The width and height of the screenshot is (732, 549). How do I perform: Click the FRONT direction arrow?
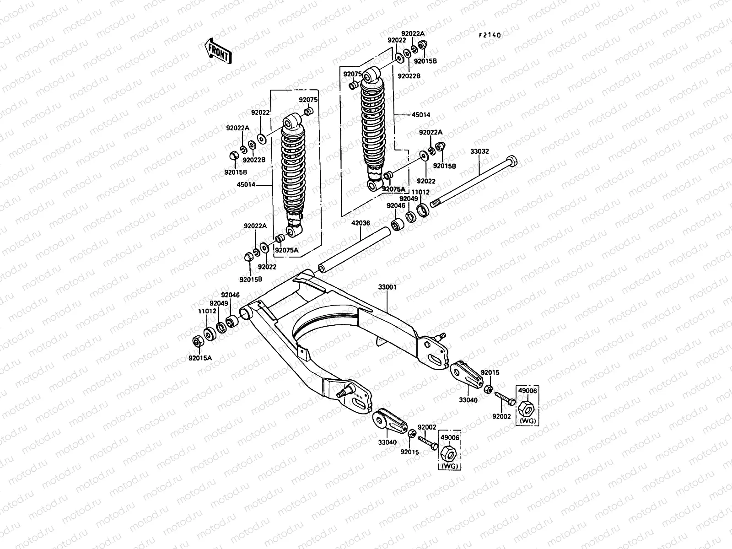pyautogui.click(x=218, y=51)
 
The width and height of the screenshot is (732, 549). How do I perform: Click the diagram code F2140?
pyautogui.click(x=490, y=35)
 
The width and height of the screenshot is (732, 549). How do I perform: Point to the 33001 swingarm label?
pyautogui.click(x=387, y=287)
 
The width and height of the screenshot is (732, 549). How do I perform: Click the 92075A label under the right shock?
pyautogui.click(x=394, y=189)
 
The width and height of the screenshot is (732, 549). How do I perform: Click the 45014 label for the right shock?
pyautogui.click(x=421, y=115)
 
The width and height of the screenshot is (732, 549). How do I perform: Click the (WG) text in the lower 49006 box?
pyautogui.click(x=449, y=466)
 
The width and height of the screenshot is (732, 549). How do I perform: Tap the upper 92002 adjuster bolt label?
pyautogui.click(x=501, y=416)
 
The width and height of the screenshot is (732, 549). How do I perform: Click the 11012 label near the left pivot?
pyautogui.click(x=207, y=311)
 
